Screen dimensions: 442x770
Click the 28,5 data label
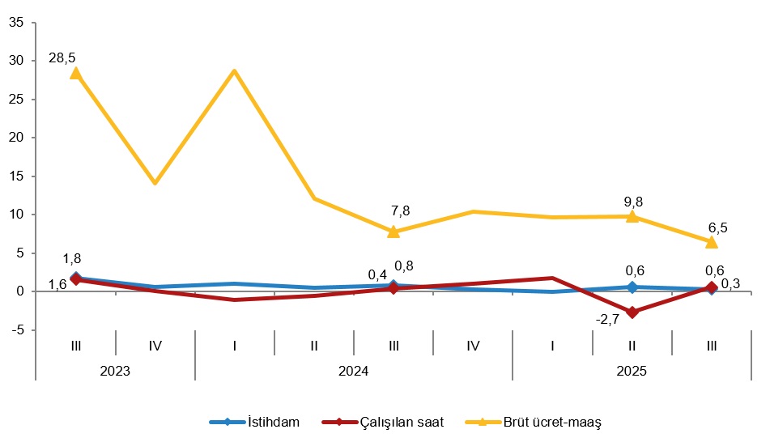coord(62,57)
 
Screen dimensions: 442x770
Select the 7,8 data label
coord(400,210)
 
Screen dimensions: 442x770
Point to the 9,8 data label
coord(633,202)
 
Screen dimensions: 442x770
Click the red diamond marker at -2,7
coord(632,312)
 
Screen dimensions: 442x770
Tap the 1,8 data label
coord(71,259)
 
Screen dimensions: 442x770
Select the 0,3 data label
coord(731,283)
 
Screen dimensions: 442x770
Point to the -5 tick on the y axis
coord(16,330)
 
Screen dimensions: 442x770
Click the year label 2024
coord(354,371)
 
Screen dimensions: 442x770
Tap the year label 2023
coord(115,371)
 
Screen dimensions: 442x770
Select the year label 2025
coord(632,371)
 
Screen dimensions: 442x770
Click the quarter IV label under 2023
coord(155,346)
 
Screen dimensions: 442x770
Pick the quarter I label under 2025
coord(552,346)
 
